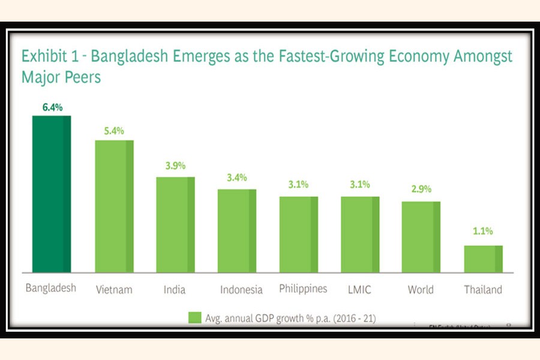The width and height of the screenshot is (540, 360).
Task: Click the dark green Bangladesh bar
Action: point(52,193)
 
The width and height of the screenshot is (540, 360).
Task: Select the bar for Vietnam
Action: point(114,206)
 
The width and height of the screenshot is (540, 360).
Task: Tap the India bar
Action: point(175,224)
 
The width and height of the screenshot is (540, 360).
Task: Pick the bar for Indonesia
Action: point(236,230)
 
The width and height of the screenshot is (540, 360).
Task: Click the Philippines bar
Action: point(298,234)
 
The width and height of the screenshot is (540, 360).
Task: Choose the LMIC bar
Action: point(360,234)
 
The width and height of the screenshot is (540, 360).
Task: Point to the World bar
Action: point(421,236)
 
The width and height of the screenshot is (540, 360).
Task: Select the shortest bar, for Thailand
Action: point(483,259)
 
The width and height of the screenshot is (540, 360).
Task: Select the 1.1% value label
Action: point(482,230)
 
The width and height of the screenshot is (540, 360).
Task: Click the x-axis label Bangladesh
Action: point(51,288)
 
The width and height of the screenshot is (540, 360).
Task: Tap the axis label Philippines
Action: point(303,289)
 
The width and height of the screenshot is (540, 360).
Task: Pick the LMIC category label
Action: point(359,290)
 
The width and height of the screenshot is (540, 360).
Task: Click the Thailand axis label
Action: point(483,290)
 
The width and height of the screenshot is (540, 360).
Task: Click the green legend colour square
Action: point(194,318)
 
